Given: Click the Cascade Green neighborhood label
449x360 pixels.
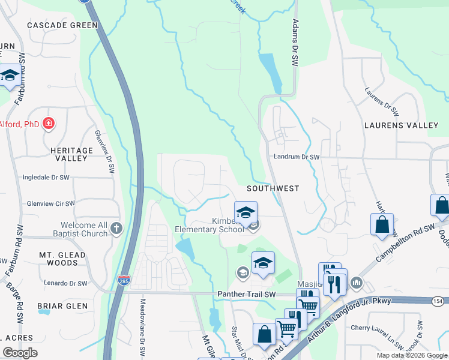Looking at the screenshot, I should tap(62, 25).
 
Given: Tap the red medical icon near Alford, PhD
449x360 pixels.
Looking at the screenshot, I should tap(48, 124).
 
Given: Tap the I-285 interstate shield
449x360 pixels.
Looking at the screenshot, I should tap(123, 281).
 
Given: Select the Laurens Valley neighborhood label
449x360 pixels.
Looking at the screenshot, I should tap(402, 125).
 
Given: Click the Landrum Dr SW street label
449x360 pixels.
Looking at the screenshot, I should tap(296, 157).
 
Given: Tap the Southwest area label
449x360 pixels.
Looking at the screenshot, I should tap(273, 188).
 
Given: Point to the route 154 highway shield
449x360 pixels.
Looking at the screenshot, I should tap(438, 301).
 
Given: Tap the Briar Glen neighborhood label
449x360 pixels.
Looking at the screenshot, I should tap(59, 306).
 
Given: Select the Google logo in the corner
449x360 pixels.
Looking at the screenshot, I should tap(20, 353).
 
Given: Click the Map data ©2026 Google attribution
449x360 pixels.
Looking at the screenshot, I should tap(411, 355).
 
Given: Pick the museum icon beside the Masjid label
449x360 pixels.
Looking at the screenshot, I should tap(356, 282).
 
